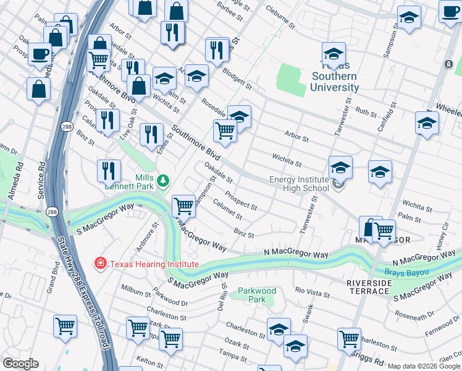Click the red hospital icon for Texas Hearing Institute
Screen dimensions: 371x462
99,264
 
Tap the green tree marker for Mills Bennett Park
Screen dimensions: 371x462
162,181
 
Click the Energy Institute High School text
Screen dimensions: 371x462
299,184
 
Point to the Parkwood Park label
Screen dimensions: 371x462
257,295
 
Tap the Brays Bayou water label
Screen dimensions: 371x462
407,271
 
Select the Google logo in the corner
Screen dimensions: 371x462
20,364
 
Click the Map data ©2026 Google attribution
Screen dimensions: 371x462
424,366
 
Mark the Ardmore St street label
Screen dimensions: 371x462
147,234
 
